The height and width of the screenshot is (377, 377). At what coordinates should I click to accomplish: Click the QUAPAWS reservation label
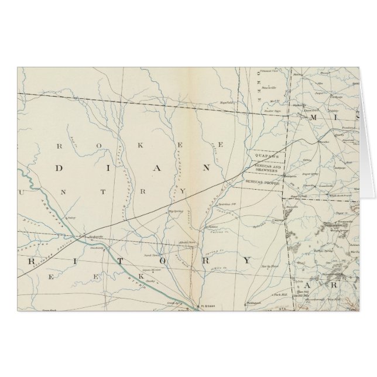[266, 156]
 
